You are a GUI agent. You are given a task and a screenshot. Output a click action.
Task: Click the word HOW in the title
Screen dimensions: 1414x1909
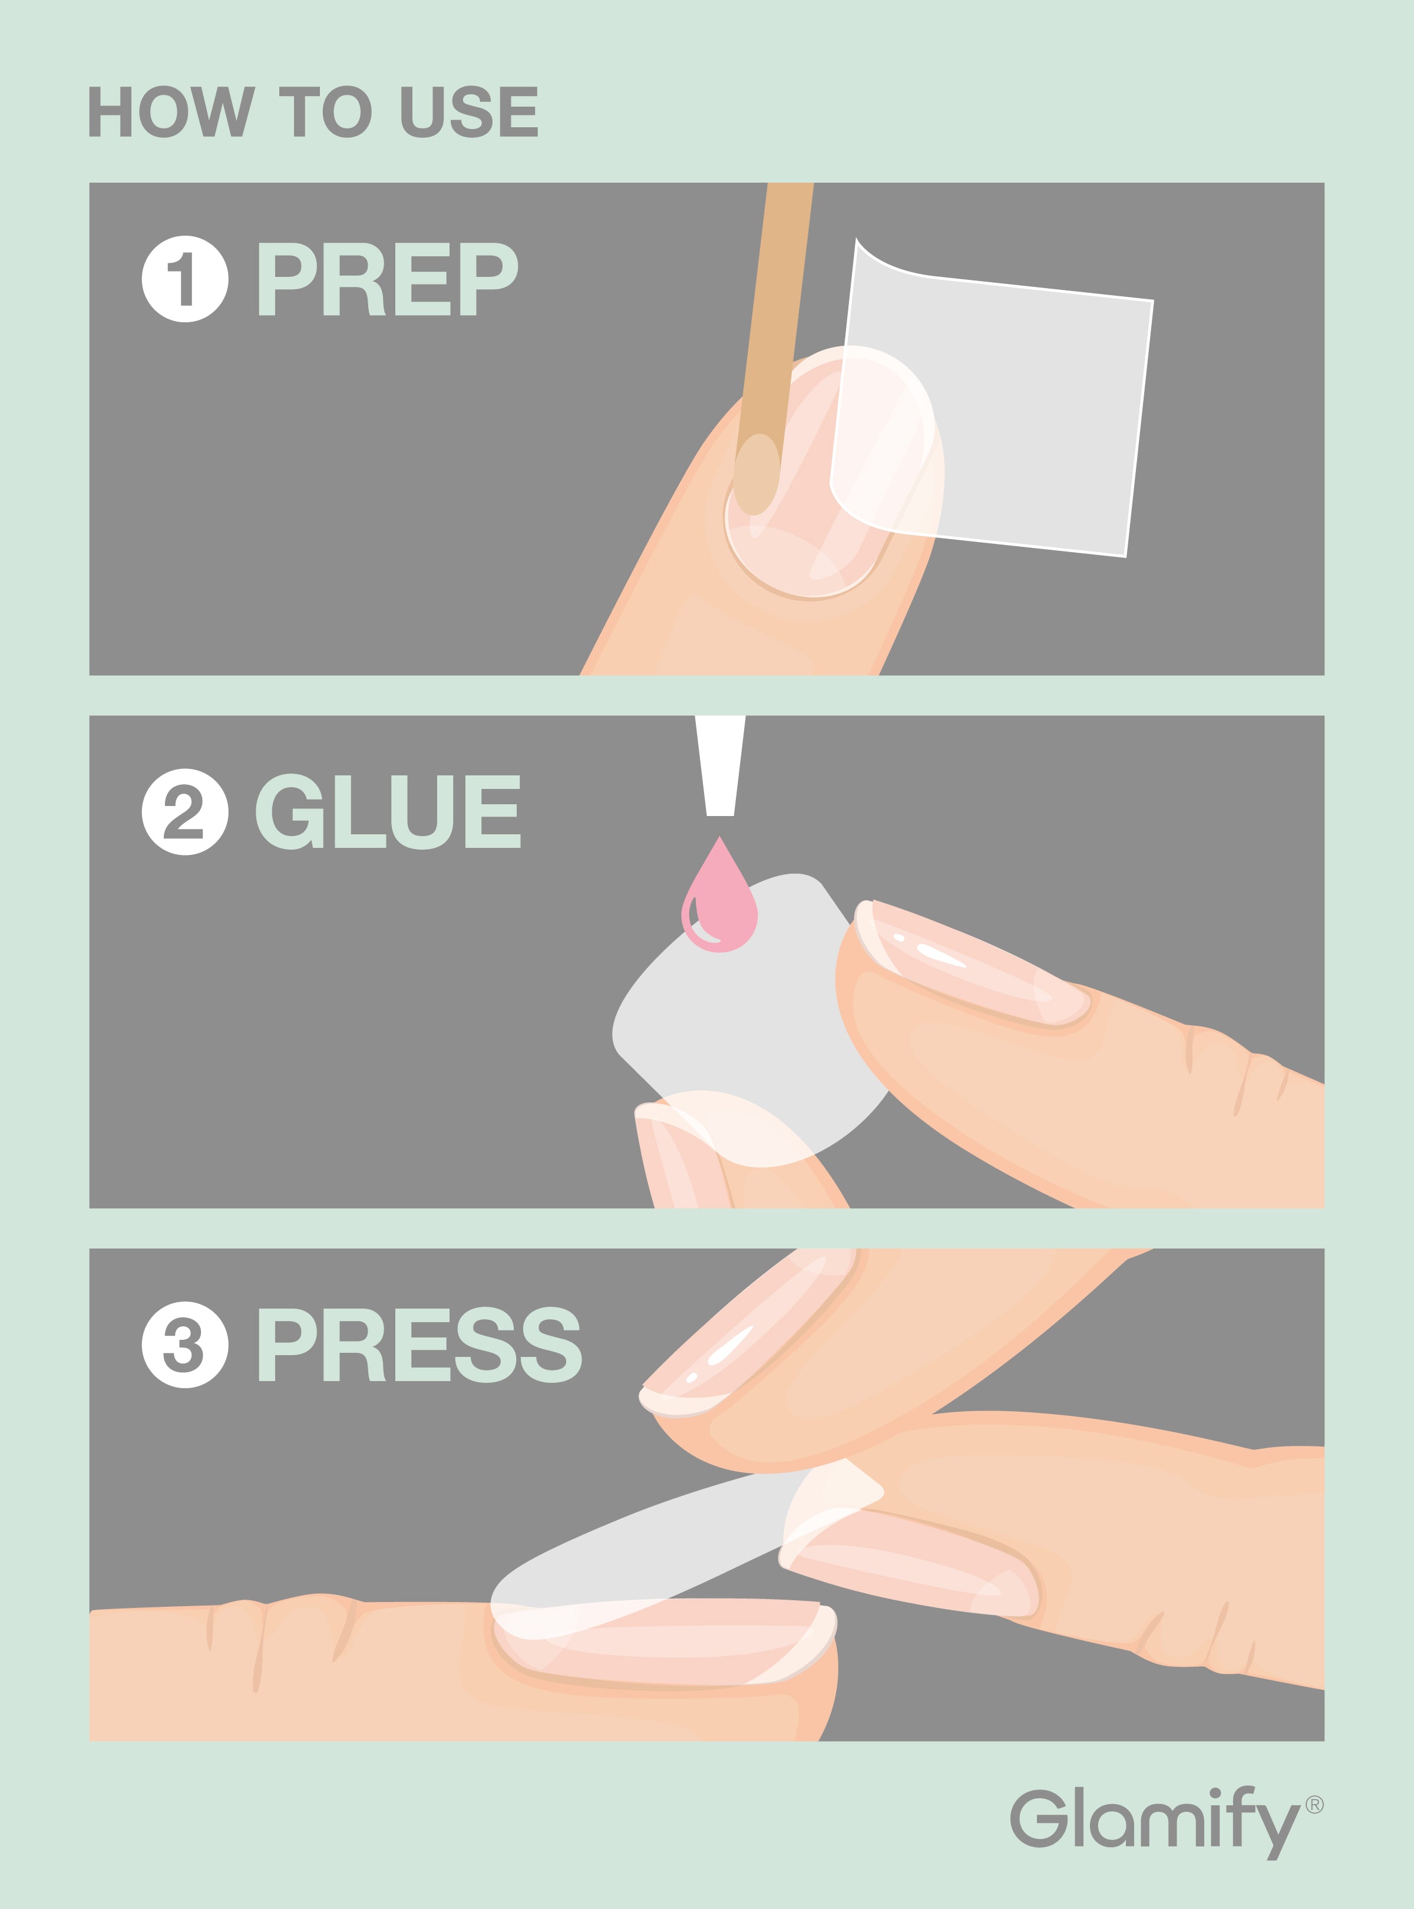pos(172,111)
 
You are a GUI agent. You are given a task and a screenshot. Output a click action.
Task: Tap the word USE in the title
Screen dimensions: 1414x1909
pos(469,111)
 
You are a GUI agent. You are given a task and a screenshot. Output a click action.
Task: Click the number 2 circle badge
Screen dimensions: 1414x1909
pos(185,811)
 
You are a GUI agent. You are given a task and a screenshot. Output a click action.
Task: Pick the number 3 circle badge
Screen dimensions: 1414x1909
pos(185,1344)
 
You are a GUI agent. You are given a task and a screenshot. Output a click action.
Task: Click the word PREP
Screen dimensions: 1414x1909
pos(387,278)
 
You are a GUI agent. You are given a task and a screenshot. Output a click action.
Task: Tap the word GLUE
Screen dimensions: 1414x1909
pos(388,811)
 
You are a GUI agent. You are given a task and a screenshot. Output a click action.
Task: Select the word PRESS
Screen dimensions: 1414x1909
pos(419,1344)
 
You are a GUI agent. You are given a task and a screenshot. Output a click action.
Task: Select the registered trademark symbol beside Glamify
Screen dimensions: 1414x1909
pos(1314,1805)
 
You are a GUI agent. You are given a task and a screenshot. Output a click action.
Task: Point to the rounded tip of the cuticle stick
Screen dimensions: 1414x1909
pos(756,475)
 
